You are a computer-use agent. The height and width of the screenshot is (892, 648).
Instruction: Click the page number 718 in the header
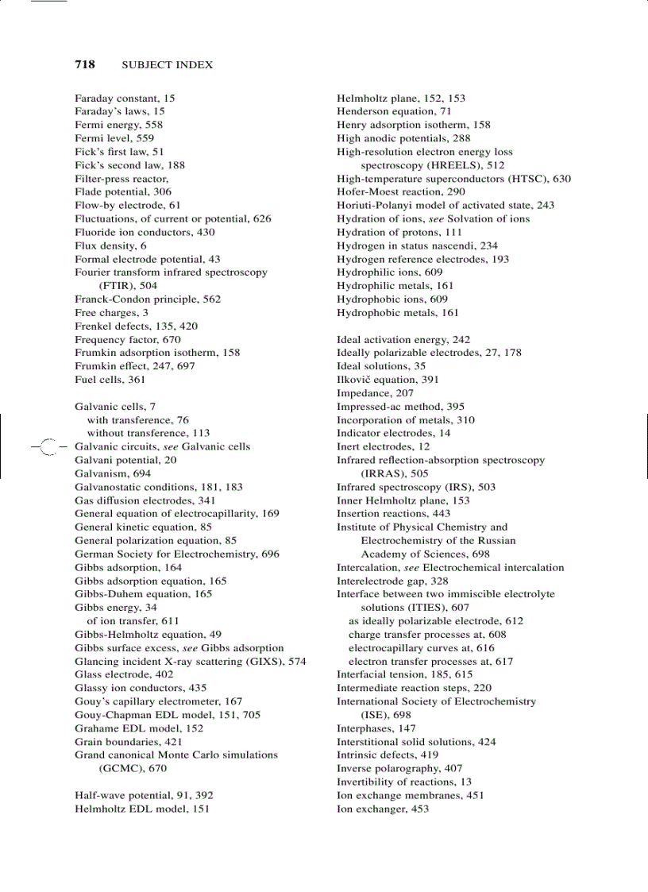[85, 64]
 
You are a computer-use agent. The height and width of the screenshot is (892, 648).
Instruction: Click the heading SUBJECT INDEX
[168, 65]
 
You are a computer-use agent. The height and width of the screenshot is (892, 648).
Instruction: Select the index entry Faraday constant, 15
[125, 98]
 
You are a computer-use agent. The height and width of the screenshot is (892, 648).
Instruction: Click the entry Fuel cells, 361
[110, 380]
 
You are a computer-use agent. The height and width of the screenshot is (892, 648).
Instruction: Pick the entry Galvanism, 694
[113, 473]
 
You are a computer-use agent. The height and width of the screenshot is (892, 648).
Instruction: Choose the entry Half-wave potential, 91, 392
[144, 795]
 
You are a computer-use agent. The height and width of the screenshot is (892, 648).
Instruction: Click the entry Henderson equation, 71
[394, 112]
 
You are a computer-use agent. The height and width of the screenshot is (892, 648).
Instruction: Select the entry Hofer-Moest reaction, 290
[401, 192]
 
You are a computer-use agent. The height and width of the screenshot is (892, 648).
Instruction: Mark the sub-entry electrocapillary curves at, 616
[421, 648]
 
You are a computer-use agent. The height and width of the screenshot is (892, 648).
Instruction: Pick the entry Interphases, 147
[376, 728]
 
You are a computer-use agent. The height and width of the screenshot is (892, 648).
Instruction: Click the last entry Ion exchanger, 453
[383, 809]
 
